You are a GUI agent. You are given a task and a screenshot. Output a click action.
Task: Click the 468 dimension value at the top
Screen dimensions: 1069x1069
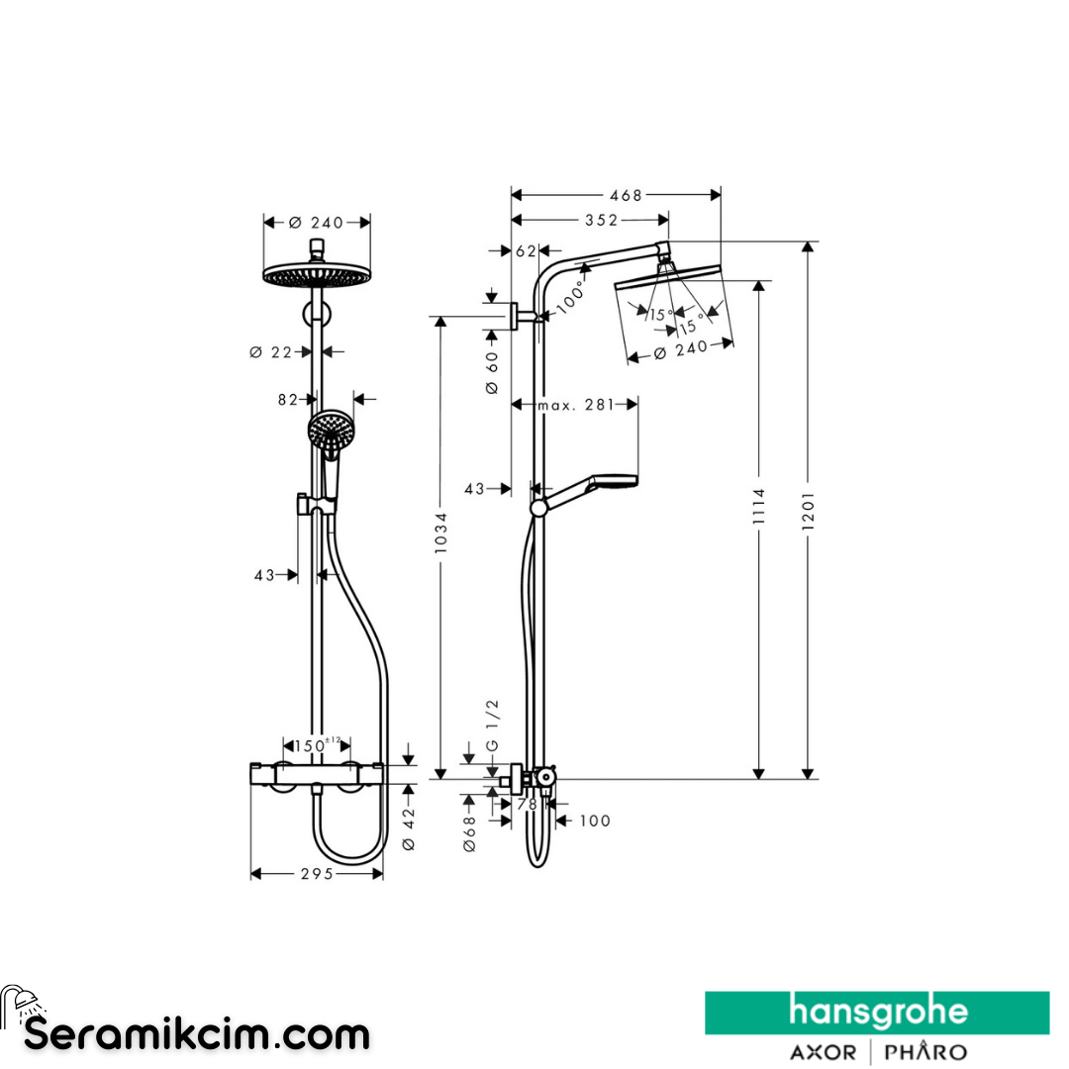626,195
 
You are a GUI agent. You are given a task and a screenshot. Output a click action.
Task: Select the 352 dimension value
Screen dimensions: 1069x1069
600,220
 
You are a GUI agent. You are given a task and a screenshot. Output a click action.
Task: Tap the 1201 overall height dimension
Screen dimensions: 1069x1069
809,510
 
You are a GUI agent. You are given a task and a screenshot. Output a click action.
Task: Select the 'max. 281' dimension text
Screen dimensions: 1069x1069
574,404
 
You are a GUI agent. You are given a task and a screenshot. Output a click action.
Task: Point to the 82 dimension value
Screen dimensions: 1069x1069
287,399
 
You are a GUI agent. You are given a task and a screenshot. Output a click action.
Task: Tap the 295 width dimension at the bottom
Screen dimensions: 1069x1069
317,874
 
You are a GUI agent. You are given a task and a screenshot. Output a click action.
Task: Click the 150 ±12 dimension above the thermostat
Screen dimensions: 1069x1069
317,744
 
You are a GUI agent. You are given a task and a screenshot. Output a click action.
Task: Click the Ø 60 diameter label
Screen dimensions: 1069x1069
492,374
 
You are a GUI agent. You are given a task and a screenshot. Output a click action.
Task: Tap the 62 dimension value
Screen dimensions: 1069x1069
526,251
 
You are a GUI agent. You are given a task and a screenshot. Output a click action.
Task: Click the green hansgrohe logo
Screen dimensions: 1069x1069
877,1013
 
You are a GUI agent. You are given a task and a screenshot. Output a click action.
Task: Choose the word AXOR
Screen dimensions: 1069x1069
823,1051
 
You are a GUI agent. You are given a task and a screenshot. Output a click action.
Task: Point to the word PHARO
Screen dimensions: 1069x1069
924,1051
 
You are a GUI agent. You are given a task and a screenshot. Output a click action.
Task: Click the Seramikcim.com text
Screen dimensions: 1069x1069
196,1034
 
